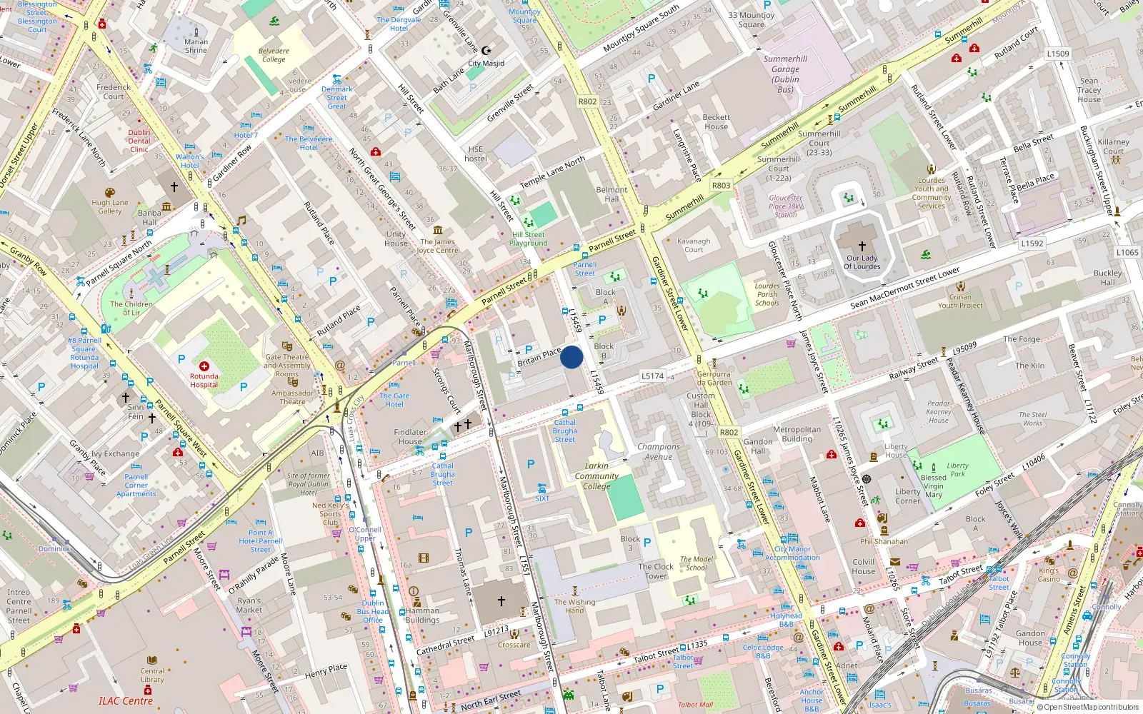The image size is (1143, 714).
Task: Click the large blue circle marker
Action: [x=571, y=357]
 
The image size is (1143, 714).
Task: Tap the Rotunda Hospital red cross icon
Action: [x=204, y=366]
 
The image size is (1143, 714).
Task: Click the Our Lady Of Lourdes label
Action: [x=862, y=263]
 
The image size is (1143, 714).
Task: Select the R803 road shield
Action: [x=721, y=186]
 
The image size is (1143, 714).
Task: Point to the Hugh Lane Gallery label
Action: [x=110, y=206]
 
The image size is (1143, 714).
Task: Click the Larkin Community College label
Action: [x=597, y=476]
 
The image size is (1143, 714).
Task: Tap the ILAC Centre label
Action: [x=126, y=701]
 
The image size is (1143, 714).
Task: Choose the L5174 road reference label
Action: [x=652, y=376]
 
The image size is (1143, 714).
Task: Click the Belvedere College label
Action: [x=274, y=55]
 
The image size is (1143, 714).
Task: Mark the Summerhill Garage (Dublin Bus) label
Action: [x=785, y=74]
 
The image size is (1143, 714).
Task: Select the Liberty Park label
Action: [x=957, y=469]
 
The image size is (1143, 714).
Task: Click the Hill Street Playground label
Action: [x=529, y=238]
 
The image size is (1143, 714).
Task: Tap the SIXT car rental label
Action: [x=542, y=498]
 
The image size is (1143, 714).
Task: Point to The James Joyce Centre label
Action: [x=437, y=246]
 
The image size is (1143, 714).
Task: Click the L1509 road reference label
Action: [x=1058, y=54]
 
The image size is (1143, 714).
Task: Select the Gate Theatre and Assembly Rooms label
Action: [x=287, y=365]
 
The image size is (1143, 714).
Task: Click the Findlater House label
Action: [x=410, y=436]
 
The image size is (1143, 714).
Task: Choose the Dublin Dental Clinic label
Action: [x=139, y=141]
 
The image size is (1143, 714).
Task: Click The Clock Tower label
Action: [x=656, y=571]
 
